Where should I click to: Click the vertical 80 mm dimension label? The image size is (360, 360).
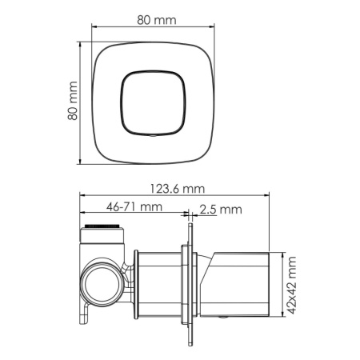[x=72, y=101]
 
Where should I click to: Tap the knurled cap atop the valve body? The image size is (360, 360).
[x=102, y=233]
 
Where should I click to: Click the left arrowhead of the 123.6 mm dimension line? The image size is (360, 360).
[x=82, y=196]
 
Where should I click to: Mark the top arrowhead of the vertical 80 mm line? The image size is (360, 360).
[x=81, y=41]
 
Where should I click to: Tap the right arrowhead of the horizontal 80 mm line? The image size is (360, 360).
[x=214, y=26]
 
